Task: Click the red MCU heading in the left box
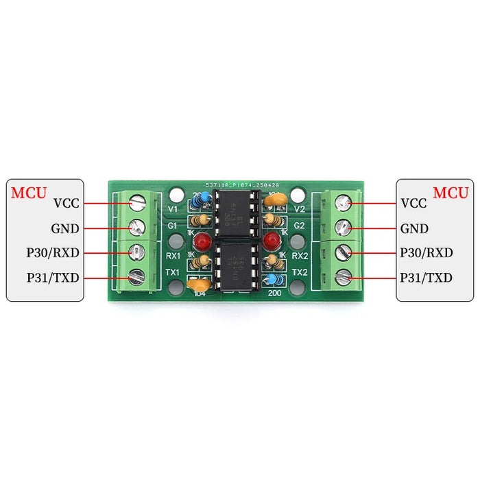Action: pyautogui.click(x=29, y=192)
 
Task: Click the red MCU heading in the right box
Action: pyautogui.click(x=451, y=192)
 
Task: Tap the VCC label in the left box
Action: pyautogui.click(x=66, y=203)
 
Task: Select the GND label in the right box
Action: pyautogui.click(x=414, y=229)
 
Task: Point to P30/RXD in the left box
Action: pyautogui.click(x=53, y=253)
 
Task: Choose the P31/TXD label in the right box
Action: pyautogui.click(x=426, y=278)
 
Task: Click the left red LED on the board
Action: pyautogui.click(x=202, y=242)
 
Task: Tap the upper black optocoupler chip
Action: pyautogui.click(x=235, y=212)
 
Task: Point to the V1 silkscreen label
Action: pyautogui.click(x=173, y=208)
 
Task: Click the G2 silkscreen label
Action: pyautogui.click(x=299, y=226)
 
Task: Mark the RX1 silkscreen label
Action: pyautogui.click(x=172, y=256)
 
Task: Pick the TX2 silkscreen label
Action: pyautogui.click(x=299, y=272)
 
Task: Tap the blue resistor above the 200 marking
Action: pyautogui.click(x=274, y=279)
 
